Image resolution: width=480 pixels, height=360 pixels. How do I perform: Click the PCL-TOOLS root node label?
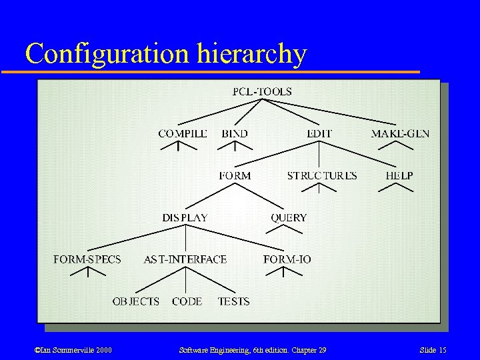(x=262, y=92)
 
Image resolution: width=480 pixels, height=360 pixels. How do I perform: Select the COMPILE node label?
(x=183, y=133)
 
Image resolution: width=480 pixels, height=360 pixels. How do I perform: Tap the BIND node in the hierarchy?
(x=235, y=133)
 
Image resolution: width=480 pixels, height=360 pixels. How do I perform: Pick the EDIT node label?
(x=319, y=133)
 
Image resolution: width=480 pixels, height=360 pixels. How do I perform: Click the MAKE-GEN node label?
(x=400, y=133)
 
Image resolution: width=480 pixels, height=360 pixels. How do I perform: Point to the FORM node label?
(x=235, y=176)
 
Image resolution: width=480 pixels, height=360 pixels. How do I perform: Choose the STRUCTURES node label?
(x=322, y=176)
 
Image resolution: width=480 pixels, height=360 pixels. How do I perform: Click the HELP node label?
(x=399, y=176)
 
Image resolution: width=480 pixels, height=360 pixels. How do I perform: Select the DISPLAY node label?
(x=185, y=218)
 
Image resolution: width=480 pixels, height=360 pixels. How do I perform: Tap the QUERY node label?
(x=289, y=218)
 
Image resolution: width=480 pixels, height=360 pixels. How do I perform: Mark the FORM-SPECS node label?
(x=87, y=259)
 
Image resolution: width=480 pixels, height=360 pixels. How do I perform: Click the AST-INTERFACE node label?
(x=185, y=259)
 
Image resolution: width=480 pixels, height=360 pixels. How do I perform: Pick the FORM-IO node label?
(x=287, y=259)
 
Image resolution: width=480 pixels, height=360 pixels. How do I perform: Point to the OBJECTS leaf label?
(x=136, y=301)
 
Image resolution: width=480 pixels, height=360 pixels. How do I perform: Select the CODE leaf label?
(x=187, y=301)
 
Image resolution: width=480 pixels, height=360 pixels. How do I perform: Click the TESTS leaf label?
(x=233, y=301)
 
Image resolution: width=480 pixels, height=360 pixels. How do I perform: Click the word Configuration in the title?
(x=107, y=53)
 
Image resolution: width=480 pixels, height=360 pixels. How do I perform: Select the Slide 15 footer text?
(x=433, y=350)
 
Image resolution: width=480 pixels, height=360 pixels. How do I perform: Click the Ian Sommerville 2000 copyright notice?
(x=64, y=350)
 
